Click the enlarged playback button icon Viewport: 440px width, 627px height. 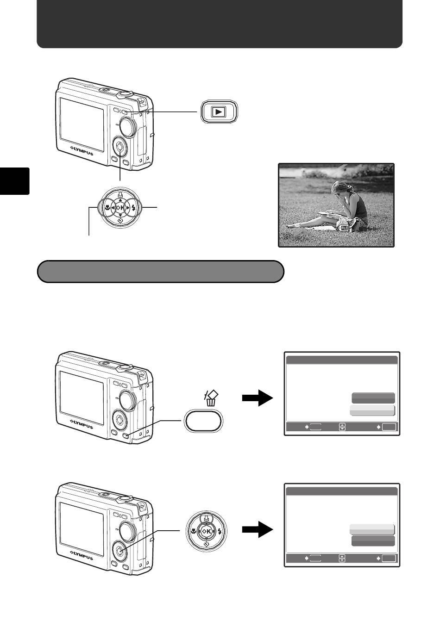tap(219, 112)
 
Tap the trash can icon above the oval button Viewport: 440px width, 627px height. tap(211, 398)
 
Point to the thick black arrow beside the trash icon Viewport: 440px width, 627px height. tap(258, 397)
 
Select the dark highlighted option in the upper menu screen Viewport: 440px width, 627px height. tap(373, 398)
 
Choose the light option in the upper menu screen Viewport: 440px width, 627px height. tap(372, 410)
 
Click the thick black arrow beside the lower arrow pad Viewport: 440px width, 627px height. tap(258, 529)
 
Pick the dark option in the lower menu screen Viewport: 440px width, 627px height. tap(373, 541)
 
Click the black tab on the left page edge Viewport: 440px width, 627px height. tap(15, 181)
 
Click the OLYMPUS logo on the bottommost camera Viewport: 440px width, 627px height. tap(82, 555)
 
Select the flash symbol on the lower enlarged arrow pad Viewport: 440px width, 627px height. tap(220, 531)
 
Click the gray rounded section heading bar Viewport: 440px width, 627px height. tap(160, 272)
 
